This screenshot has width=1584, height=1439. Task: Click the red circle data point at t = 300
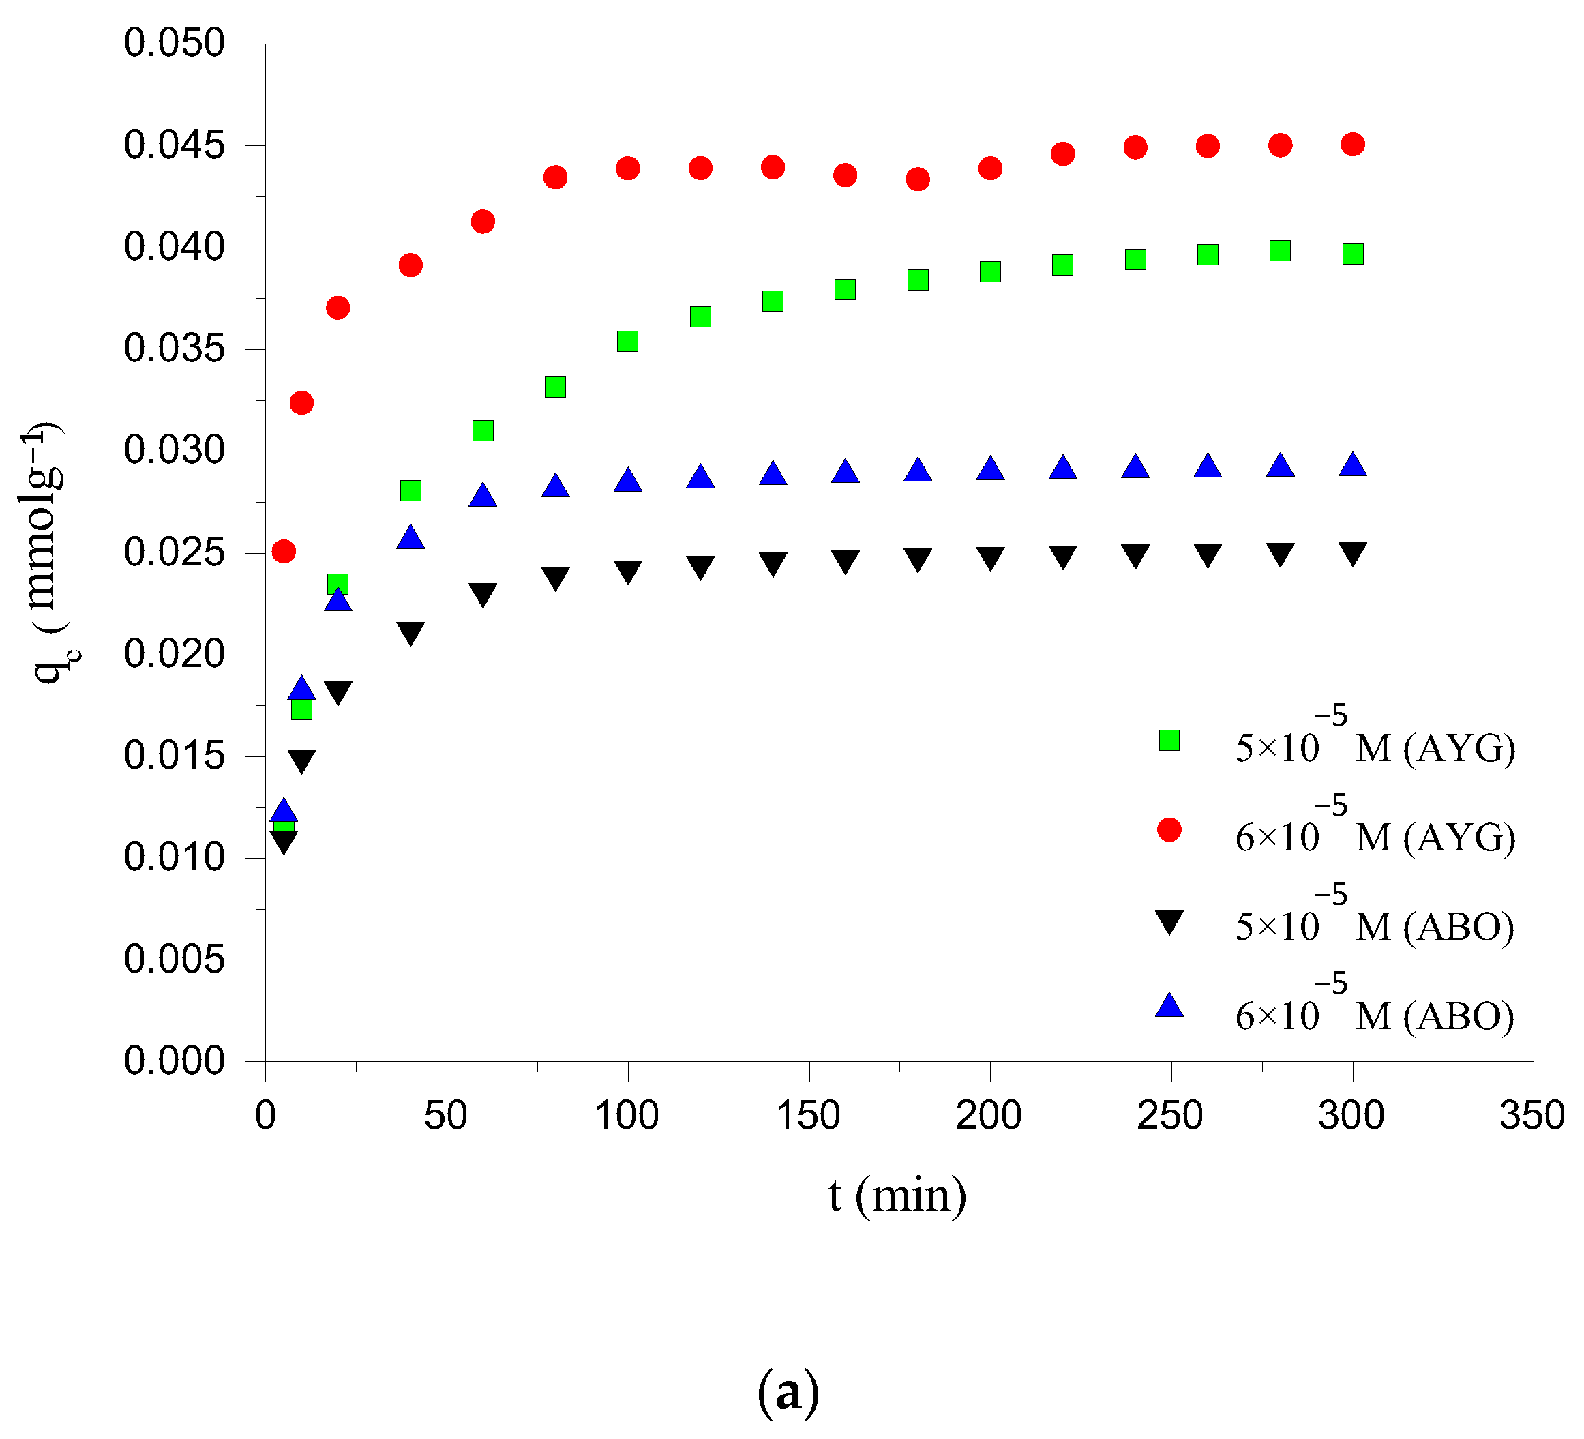[1352, 144]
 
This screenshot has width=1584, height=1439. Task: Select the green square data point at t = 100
[627, 341]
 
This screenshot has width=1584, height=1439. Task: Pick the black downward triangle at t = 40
[410, 633]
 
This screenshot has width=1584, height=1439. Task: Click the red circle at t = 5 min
[284, 551]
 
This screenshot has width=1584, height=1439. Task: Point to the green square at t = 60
[483, 431]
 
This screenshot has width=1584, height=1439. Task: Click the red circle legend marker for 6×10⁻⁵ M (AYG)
[1169, 830]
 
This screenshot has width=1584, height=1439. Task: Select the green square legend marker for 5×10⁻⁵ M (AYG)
[1169, 741]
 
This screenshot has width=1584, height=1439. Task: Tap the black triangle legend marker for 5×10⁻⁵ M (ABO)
[1169, 921]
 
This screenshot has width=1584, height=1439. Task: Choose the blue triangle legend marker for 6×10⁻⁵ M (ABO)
[1169, 1007]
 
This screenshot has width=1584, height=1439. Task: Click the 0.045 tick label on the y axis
[175, 145]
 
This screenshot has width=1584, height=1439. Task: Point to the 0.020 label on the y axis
[175, 654]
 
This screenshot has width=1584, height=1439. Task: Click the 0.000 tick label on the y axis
[175, 1061]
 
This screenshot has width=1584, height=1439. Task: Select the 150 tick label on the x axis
[809, 1116]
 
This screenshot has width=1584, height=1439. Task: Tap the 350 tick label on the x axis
[1532, 1116]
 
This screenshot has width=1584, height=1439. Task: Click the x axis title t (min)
[897, 1196]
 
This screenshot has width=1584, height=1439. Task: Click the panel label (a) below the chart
[788, 1391]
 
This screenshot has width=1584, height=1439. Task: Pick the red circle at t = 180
[918, 179]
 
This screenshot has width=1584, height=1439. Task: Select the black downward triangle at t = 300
[1352, 553]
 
